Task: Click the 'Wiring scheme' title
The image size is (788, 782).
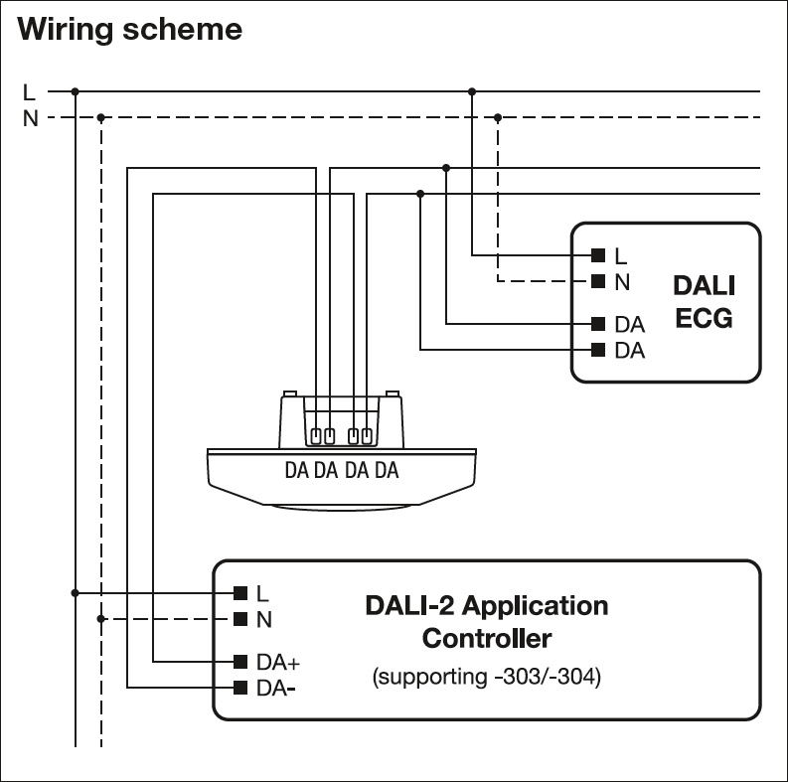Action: pos(129,29)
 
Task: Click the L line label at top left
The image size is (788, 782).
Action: pos(29,92)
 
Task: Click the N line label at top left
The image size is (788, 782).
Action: pos(30,118)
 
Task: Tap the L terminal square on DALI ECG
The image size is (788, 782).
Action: pos(598,255)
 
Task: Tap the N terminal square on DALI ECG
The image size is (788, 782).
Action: pos(598,281)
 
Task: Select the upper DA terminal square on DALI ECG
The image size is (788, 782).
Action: pos(598,324)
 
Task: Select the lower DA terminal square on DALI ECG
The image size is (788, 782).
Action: pos(598,350)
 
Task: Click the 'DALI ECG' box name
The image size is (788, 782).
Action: pos(704,302)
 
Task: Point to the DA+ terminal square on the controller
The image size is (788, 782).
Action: pos(239,662)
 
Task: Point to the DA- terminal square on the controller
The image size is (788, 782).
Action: pos(239,688)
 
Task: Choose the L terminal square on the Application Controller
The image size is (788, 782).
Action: pos(239,593)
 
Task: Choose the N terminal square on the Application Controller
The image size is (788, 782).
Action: pos(239,619)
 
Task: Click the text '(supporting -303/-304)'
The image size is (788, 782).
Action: pos(486,679)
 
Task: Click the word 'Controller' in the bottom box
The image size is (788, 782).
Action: pos(486,637)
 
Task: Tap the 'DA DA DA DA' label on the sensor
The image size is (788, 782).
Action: pos(341,470)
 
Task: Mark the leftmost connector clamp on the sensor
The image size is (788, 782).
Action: pos(316,435)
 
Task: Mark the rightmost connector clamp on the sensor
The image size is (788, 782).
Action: pos(367,435)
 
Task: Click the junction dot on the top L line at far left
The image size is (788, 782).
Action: pos(76,91)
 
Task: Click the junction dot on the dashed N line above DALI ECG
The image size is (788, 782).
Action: pos(498,117)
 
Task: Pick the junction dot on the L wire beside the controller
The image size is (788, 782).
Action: pos(76,593)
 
